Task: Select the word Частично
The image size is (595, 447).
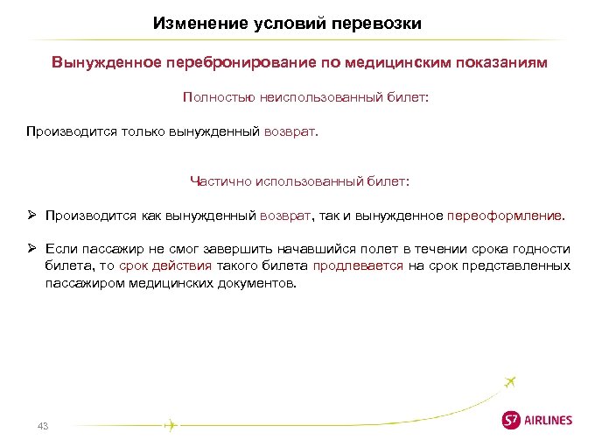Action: click(220, 181)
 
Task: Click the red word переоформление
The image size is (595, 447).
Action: click(506, 215)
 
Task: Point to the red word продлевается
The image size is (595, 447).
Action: click(358, 266)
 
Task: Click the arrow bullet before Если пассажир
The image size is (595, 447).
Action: click(31, 249)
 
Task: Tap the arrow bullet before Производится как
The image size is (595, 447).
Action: click(31, 215)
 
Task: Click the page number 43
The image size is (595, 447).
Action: click(42, 426)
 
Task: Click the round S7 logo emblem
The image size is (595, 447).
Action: click(511, 420)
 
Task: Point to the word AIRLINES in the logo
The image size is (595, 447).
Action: click(548, 421)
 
